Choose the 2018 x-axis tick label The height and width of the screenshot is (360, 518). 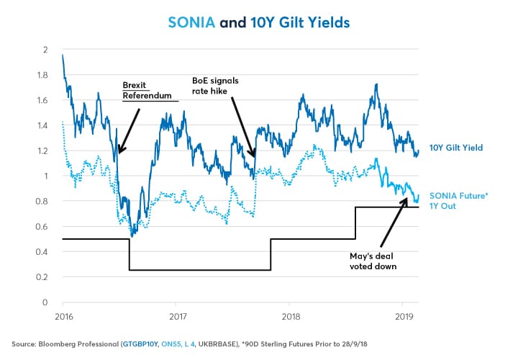click(291, 315)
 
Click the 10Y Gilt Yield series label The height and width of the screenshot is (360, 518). click(456, 148)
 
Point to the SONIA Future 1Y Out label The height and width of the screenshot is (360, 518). click(458, 200)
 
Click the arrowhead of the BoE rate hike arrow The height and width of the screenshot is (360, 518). click(253, 156)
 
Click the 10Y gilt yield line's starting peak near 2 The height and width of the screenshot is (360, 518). click(63, 55)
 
